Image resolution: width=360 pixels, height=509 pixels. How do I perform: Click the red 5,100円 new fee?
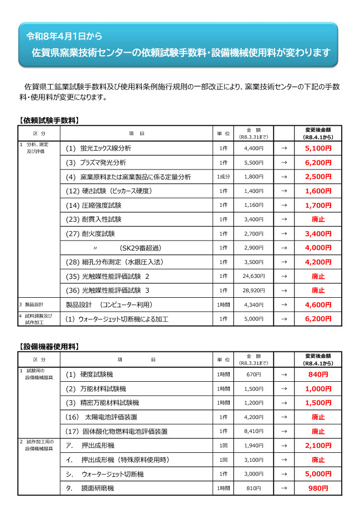[x=318, y=148]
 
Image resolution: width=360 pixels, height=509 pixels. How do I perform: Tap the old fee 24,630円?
[x=254, y=276]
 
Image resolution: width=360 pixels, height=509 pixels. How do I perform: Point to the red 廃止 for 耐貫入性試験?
[x=318, y=219]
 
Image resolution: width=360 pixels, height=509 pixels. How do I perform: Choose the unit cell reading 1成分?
[x=223, y=177]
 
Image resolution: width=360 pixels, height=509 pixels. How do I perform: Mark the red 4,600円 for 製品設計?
[x=318, y=305]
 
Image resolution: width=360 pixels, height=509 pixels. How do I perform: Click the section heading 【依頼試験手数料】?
[x=49, y=120]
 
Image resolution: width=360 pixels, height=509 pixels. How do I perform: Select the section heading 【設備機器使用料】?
[x=49, y=346]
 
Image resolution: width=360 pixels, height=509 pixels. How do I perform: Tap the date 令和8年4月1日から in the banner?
[x=64, y=36]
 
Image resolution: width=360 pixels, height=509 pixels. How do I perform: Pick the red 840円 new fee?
[x=318, y=374]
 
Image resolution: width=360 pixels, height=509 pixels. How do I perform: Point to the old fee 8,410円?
[x=254, y=431]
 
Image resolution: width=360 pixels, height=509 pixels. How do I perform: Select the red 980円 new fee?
[x=318, y=488]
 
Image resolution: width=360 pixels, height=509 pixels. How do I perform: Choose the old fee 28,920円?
[x=254, y=290]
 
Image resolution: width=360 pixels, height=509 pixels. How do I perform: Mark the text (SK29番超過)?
[x=140, y=248]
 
